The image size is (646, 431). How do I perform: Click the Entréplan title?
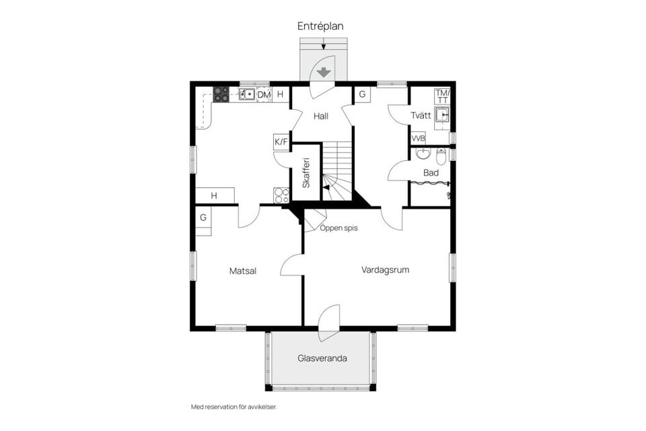pyautogui.click(x=320, y=26)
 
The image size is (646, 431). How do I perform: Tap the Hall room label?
pyautogui.click(x=321, y=116)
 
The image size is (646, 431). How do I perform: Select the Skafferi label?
pyautogui.click(x=306, y=173)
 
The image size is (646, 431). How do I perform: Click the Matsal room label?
pyautogui.click(x=243, y=271)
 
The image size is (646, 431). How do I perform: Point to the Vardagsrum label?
pyautogui.click(x=385, y=270)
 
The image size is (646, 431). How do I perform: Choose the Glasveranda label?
pyautogui.click(x=322, y=358)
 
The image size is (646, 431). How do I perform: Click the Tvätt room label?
pyautogui.click(x=421, y=115)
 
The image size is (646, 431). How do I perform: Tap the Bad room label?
pyautogui.click(x=431, y=172)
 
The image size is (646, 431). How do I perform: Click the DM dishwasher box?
pyautogui.click(x=264, y=94)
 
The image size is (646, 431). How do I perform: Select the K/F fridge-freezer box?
pyautogui.click(x=281, y=142)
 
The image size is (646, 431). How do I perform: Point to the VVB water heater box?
pyautogui.click(x=418, y=139)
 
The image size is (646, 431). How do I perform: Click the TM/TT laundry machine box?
pyautogui.click(x=443, y=96)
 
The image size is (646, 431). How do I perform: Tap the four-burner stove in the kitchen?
pyautogui.click(x=221, y=94)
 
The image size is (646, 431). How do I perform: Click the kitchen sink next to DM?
pyautogui.click(x=247, y=94)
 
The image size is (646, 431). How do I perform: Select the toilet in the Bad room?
pyautogui.click(x=441, y=156)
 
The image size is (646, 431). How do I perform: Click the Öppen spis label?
pyautogui.click(x=338, y=228)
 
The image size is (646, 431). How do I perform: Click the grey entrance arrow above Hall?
pyautogui.click(x=324, y=73)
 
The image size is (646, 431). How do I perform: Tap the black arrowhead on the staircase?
pyautogui.click(x=326, y=188)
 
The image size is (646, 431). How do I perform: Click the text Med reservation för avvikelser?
pyautogui.click(x=234, y=407)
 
